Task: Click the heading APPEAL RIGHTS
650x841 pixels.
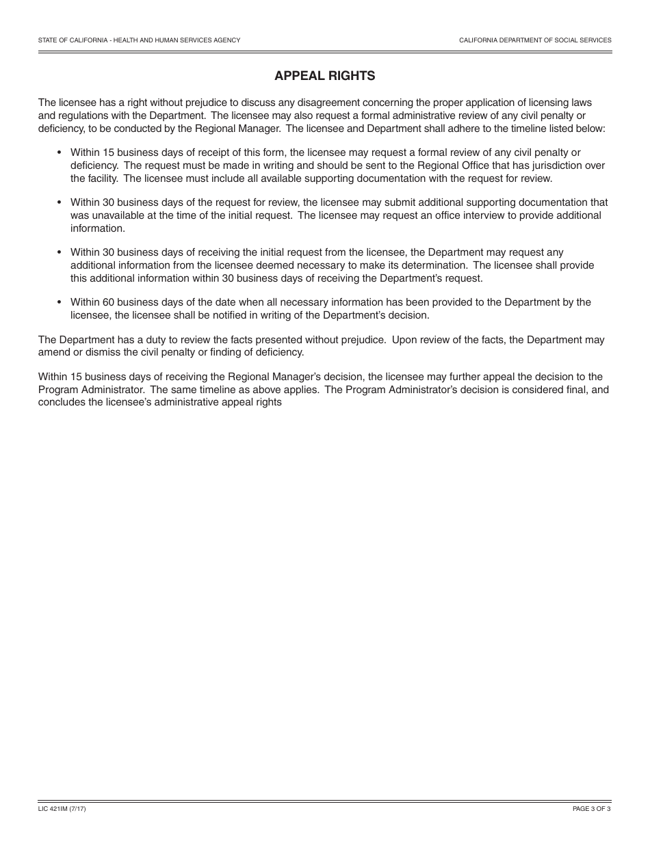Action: (324, 76)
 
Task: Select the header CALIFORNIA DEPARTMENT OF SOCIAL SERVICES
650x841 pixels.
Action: (535, 40)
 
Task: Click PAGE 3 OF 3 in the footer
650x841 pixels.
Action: (592, 809)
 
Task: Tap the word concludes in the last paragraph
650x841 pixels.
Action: (61, 403)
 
